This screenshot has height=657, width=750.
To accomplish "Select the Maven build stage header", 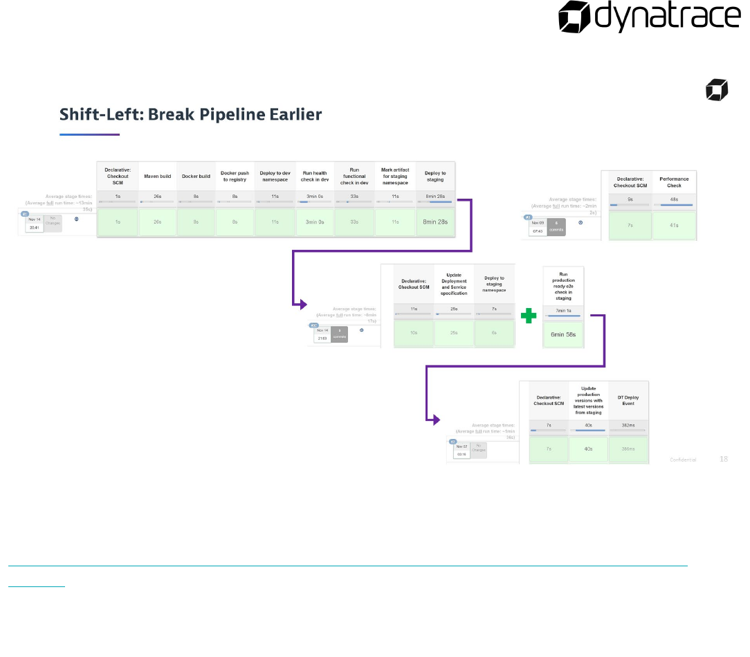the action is pyautogui.click(x=158, y=176).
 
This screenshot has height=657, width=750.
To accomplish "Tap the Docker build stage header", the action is pyautogui.click(x=196, y=176).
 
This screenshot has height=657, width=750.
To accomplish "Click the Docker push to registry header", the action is pyautogui.click(x=235, y=176).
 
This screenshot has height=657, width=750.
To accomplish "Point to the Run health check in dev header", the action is pyautogui.click(x=315, y=176).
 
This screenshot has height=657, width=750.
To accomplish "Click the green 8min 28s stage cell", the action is pyautogui.click(x=435, y=222).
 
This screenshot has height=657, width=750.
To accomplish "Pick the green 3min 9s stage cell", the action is pyautogui.click(x=315, y=222).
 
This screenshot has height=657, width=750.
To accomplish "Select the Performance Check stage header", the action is pyautogui.click(x=674, y=182).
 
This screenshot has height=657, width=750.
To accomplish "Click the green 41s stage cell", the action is pyautogui.click(x=674, y=226).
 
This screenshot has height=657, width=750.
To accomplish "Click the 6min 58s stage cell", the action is pyautogui.click(x=563, y=334).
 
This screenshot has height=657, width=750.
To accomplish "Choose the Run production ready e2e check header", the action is pyautogui.click(x=563, y=285).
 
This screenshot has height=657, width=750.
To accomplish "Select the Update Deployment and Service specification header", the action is pyautogui.click(x=454, y=283).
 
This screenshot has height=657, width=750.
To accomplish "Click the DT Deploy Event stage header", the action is pyautogui.click(x=628, y=400).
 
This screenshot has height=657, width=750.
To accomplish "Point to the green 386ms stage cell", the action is pyautogui.click(x=628, y=449).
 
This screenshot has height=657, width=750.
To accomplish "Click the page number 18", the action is pyautogui.click(x=724, y=458).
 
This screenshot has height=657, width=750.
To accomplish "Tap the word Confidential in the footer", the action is pyautogui.click(x=683, y=459).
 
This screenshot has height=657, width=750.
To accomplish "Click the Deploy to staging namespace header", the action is pyautogui.click(x=494, y=283).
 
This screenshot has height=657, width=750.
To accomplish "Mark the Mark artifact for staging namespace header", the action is pyautogui.click(x=395, y=176).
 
